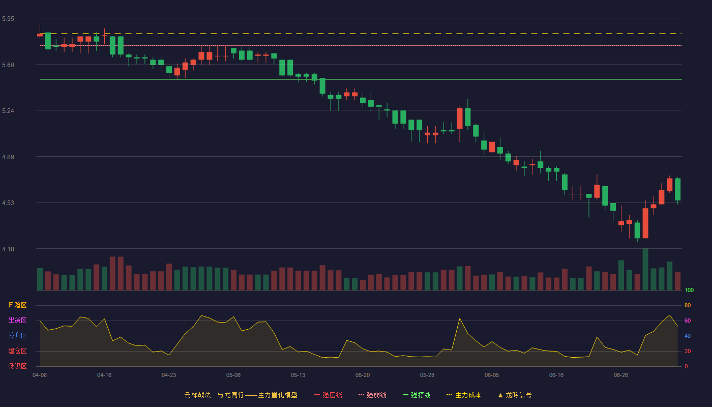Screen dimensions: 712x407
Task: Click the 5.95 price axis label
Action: point(8,19)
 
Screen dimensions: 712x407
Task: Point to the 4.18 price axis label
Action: point(8,249)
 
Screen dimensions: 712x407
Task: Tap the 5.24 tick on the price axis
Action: point(8,111)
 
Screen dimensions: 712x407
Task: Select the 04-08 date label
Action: point(40,375)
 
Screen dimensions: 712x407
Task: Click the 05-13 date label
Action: point(298,375)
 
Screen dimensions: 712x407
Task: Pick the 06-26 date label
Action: point(621,375)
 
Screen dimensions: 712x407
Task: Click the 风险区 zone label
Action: point(17,305)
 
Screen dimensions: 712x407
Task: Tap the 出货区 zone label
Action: point(17,320)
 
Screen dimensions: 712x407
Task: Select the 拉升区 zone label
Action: point(17,335)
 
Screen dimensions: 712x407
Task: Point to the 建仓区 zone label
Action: point(17,351)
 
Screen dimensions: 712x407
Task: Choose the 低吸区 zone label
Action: point(17,366)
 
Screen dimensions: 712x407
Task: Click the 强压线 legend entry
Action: point(328,395)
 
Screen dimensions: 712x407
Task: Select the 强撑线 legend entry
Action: point(417,395)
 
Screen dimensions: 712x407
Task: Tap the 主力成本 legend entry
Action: point(464,395)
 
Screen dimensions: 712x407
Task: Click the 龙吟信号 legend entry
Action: point(515,395)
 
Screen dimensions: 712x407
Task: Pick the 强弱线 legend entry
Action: point(372,395)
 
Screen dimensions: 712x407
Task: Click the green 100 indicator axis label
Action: point(689,290)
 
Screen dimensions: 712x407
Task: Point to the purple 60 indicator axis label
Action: point(688,321)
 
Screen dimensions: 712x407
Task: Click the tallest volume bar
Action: point(645,269)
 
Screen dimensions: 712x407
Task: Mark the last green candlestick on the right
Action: point(677,189)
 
